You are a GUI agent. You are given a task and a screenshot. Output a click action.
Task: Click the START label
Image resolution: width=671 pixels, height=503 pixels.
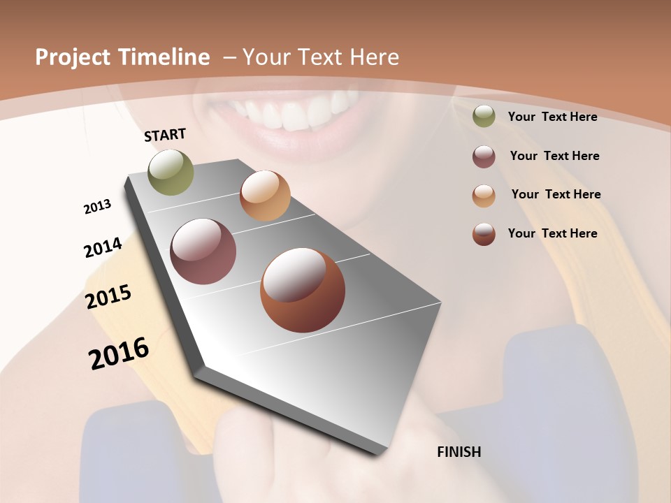click(x=165, y=135)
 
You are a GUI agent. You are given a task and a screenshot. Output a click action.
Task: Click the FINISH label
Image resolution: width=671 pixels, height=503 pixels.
click(x=459, y=452)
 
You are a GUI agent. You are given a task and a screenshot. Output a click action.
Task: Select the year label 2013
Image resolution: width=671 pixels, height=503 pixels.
click(x=97, y=207)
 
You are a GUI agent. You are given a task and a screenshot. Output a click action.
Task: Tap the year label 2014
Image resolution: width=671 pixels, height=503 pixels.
click(x=103, y=247)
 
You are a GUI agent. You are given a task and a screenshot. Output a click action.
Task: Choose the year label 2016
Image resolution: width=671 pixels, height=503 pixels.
click(x=119, y=353)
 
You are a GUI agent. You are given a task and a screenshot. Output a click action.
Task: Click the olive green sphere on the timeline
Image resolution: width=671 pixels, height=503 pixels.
click(x=171, y=172)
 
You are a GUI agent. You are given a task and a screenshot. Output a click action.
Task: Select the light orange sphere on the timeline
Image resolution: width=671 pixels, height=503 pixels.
click(x=265, y=196)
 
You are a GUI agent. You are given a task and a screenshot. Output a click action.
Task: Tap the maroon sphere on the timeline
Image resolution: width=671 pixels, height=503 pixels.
click(x=203, y=251)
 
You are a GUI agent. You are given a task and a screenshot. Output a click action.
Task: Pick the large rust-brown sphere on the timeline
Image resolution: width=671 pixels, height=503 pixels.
click(x=303, y=290)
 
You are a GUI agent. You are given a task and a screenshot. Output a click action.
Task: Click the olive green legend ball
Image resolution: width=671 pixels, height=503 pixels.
click(x=484, y=117)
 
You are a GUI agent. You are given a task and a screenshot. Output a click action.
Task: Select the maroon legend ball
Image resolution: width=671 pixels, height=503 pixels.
click(x=484, y=156)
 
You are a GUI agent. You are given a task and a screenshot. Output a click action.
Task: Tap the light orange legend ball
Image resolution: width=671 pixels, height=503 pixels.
click(x=484, y=196)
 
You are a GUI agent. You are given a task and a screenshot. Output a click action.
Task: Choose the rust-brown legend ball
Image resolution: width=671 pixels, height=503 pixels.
click(x=484, y=234)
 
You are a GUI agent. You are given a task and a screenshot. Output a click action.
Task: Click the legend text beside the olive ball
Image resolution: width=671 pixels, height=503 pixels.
click(x=552, y=117)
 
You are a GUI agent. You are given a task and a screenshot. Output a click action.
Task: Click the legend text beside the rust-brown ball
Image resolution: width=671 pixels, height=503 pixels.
click(x=552, y=233)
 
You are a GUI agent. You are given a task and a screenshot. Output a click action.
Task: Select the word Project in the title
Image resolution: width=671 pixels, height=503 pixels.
click(x=72, y=57)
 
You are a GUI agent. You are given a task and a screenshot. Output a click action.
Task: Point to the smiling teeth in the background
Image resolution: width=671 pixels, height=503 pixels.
click(x=294, y=112)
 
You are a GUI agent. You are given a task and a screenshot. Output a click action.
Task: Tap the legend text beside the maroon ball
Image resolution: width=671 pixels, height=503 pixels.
click(x=554, y=156)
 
